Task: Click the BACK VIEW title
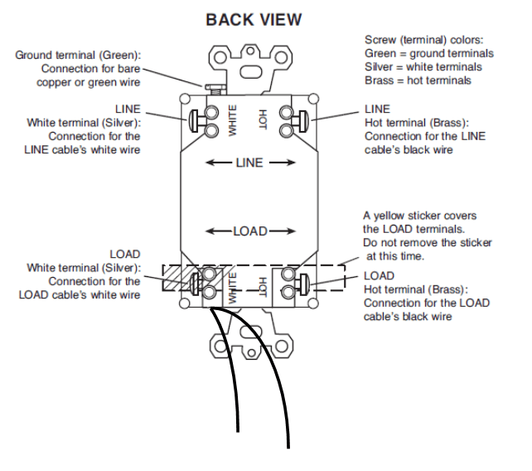tap(254, 19)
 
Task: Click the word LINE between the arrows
tap(247, 163)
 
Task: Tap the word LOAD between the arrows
tap(249, 231)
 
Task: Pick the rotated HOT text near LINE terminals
tap(263, 118)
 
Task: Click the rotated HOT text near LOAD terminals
tap(263, 286)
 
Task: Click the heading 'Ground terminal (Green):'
tap(79, 55)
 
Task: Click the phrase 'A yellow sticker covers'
tap(420, 216)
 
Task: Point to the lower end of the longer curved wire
tap(289, 445)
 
